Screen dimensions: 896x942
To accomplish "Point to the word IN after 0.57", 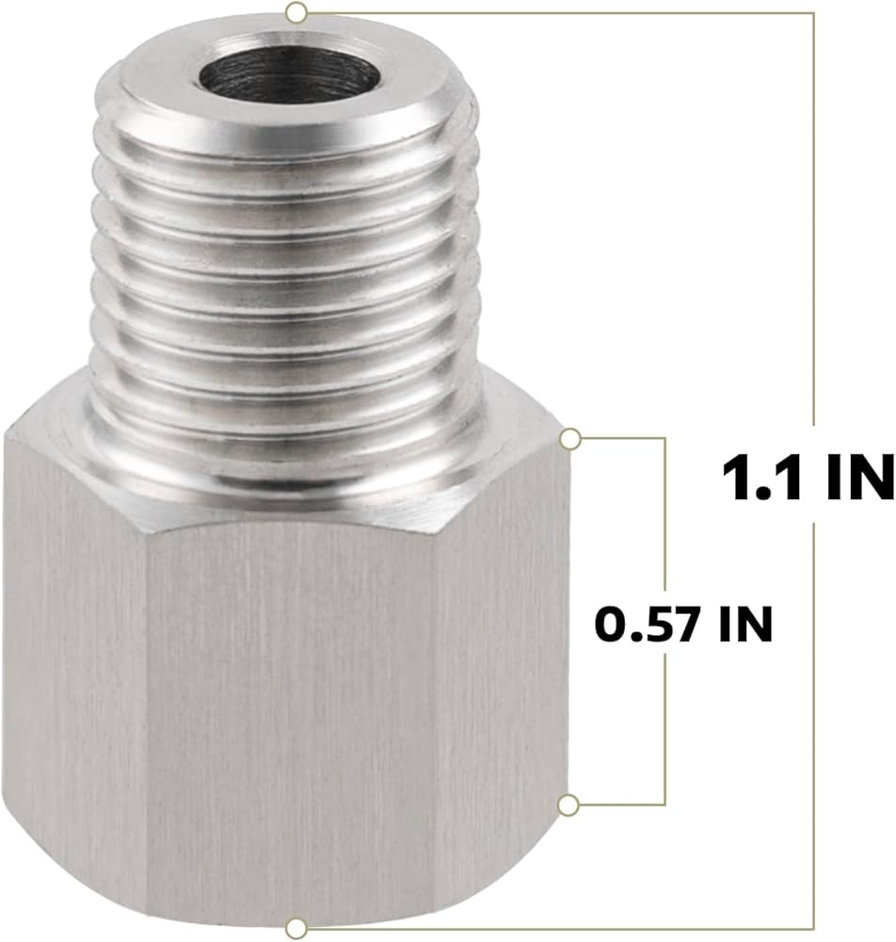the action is coord(746,625).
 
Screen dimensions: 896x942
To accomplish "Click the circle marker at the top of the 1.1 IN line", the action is coord(296,12).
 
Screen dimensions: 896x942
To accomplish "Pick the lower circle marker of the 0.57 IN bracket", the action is coord(568,804).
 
